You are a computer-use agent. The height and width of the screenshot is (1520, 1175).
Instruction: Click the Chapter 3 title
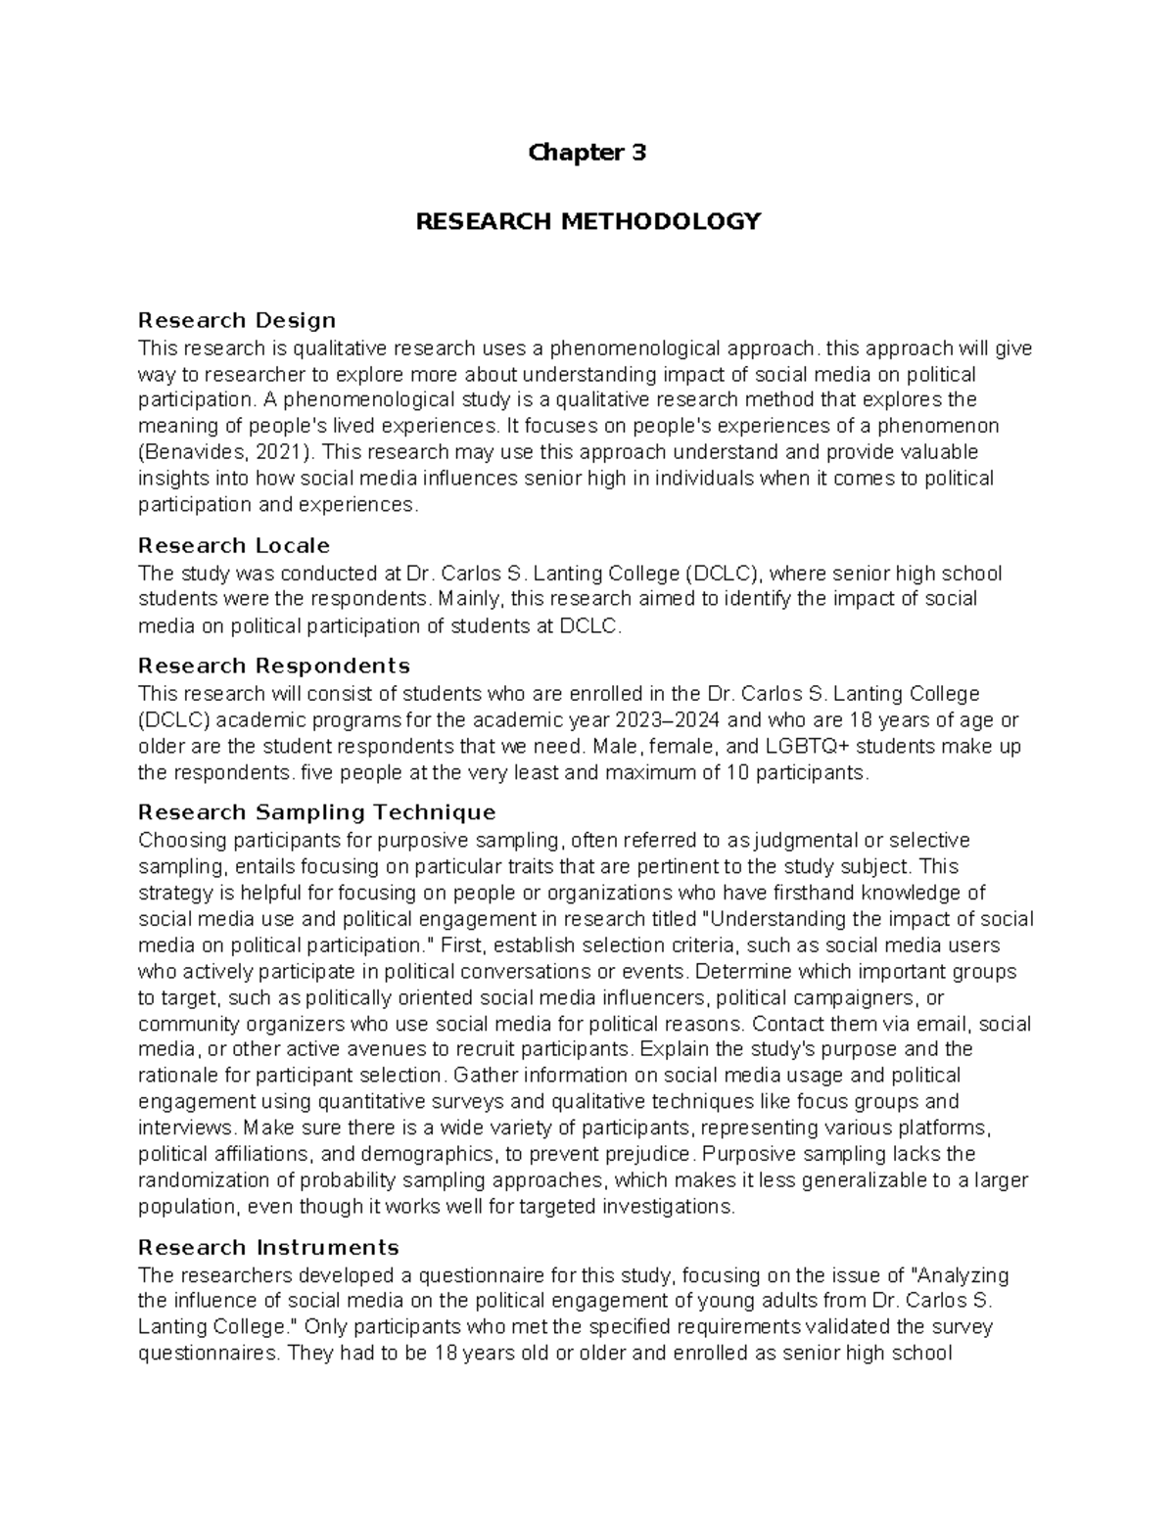pyautogui.click(x=587, y=153)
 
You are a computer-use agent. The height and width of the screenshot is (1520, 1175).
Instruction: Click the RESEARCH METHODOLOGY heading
pyautogui.click(x=587, y=221)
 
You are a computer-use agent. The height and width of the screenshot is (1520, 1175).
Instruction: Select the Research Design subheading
pyautogui.click(x=237, y=320)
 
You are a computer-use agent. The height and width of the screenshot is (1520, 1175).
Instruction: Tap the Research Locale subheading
pyautogui.click(x=234, y=545)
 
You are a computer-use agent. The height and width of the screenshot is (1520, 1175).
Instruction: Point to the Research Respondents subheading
pyautogui.click(x=274, y=666)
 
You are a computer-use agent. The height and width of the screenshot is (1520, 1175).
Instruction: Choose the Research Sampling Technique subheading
pyautogui.click(x=317, y=812)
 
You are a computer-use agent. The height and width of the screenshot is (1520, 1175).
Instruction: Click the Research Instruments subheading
pyautogui.click(x=269, y=1247)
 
